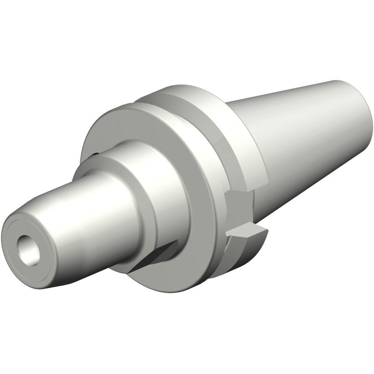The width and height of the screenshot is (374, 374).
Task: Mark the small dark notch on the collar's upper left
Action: (95, 154)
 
